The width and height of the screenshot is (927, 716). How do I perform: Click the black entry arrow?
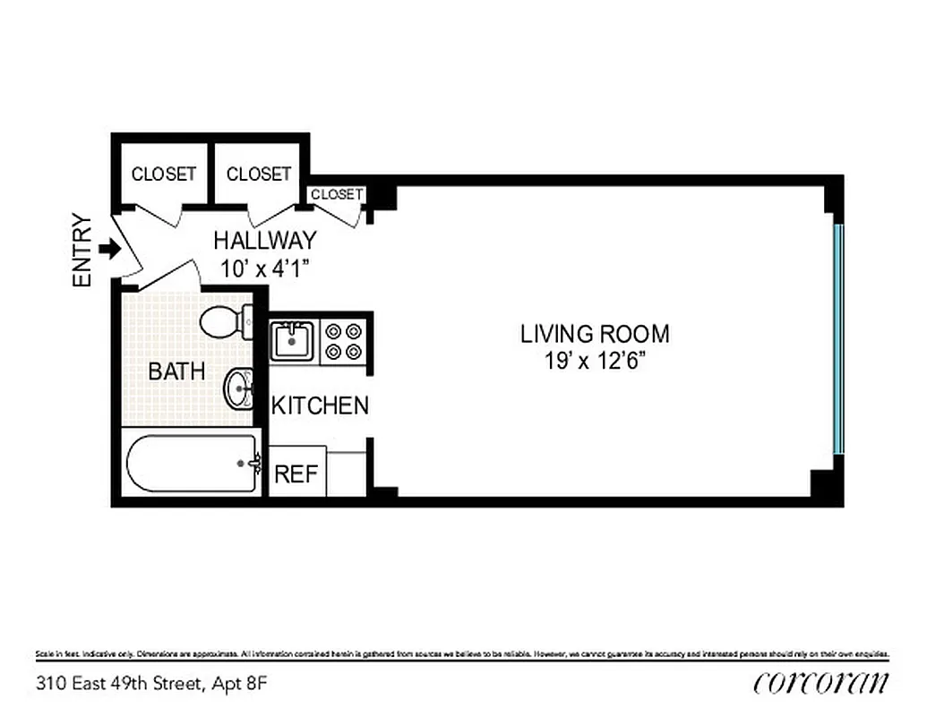pos(109,250)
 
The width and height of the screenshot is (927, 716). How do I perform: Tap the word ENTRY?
pos(82,251)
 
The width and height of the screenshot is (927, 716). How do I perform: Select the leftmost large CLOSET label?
pos(163,174)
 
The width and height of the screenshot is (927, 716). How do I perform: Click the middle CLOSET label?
pos(258,174)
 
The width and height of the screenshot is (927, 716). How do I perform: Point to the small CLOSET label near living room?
pos(337,194)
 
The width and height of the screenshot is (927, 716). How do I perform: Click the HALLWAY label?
pos(264,240)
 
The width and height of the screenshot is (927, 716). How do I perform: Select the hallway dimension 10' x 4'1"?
pos(264,267)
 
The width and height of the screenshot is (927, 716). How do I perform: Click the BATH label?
pos(176,371)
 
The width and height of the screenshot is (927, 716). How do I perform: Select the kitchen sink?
pos(292,341)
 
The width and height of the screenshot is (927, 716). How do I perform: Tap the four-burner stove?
pos(344,340)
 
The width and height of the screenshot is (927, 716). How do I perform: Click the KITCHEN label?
pos(320,405)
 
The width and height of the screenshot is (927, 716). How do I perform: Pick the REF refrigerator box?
pos(296,473)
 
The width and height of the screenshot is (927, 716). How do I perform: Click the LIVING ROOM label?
pos(595,334)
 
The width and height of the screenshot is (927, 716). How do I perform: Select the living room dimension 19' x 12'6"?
pos(595,362)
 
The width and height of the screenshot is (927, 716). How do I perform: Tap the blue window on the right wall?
pos(838,339)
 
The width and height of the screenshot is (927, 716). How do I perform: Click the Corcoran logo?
pos(821,683)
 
